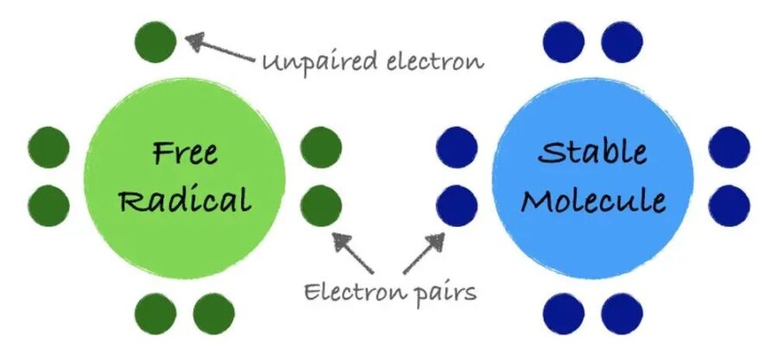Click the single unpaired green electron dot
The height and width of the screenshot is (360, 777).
156,41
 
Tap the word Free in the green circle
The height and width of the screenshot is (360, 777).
185,153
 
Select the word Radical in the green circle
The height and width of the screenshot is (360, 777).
185,200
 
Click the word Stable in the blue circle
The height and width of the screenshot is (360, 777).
592,153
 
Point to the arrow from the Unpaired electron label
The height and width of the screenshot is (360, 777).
220,48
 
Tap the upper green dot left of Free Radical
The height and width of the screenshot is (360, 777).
48,148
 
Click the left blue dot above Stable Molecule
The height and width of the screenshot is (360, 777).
565,41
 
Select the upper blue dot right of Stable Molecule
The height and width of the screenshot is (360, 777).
730,148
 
